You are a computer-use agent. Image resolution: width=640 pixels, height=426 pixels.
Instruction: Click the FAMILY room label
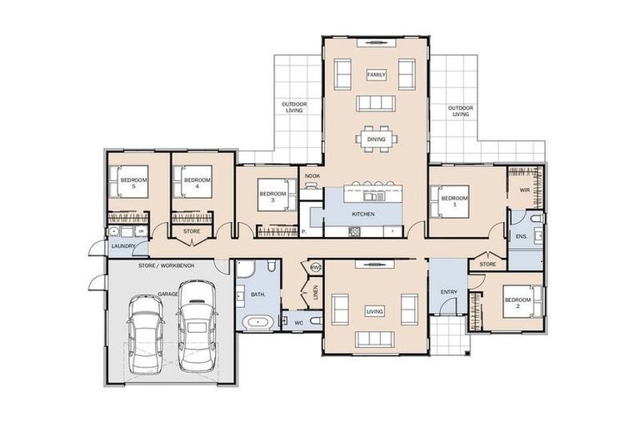pyautogui.click(x=377, y=75)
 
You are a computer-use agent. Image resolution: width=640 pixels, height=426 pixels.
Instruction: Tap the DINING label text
pyautogui.click(x=377, y=140)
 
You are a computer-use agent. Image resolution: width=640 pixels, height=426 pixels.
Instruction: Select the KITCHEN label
pyautogui.click(x=363, y=214)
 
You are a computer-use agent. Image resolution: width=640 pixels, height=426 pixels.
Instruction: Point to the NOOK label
pyautogui.click(x=312, y=176)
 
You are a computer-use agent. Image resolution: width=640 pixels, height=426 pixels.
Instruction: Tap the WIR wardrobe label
pyautogui.click(x=525, y=191)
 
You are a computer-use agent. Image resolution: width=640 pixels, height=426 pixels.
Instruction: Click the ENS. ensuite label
pyautogui.click(x=522, y=236)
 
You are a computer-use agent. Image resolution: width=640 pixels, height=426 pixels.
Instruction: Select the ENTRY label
pyautogui.click(x=449, y=292)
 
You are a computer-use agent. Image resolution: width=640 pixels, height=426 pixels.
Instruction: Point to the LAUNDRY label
pyautogui.click(x=124, y=246)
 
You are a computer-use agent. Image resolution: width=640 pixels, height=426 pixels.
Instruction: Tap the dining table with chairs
pyautogui.click(x=377, y=139)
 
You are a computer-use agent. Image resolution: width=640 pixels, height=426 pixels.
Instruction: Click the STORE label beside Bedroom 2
pyautogui.click(x=487, y=265)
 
